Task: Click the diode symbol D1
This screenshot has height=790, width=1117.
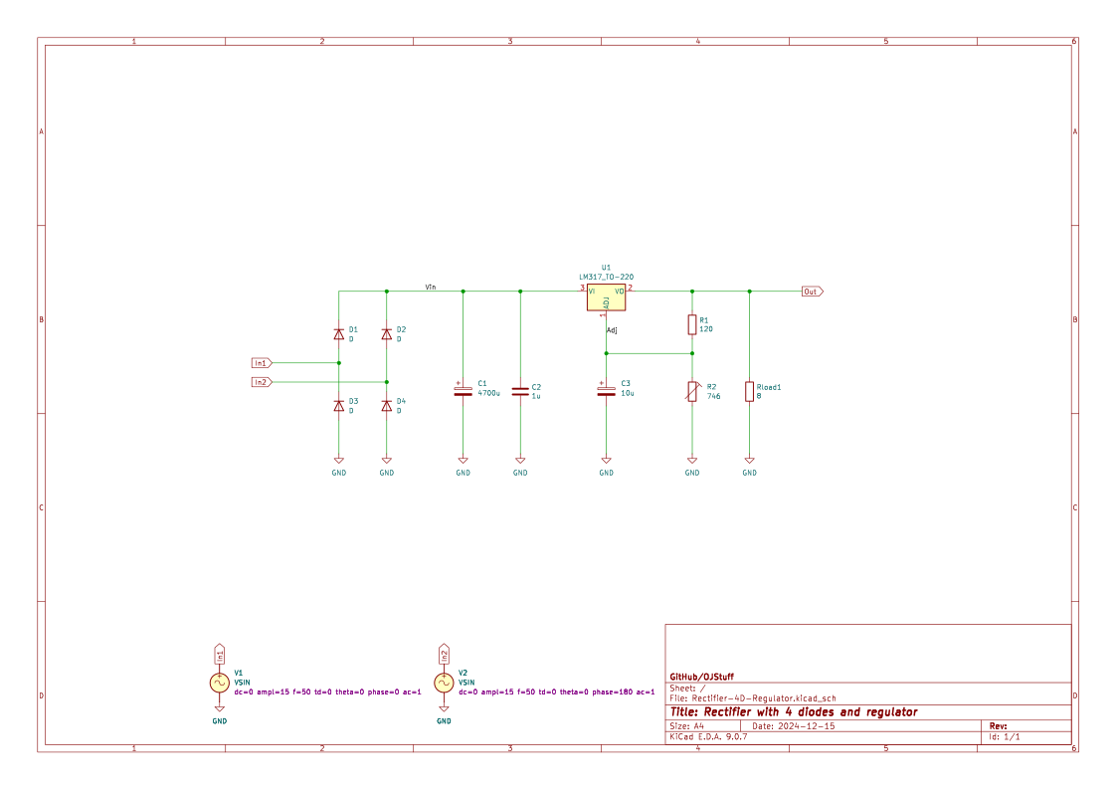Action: pos(339,334)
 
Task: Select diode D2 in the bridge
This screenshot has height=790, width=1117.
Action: pos(387,334)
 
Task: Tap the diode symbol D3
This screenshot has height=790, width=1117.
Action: pos(339,405)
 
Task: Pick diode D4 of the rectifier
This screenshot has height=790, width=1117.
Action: pos(387,405)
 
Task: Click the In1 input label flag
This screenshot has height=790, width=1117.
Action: pos(261,363)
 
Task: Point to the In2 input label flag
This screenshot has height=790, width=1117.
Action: pos(261,382)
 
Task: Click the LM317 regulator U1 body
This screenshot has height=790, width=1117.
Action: pos(606,297)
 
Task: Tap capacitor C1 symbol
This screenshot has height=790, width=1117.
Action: pos(463,390)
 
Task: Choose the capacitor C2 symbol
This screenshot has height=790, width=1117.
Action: pos(520,390)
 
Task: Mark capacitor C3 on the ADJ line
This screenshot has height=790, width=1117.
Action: pos(606,390)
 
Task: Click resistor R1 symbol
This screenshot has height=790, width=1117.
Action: pos(692,324)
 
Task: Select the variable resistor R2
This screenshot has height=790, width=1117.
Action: pos(692,391)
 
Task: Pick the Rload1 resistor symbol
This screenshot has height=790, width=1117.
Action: pos(750,391)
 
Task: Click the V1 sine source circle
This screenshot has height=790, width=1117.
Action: pos(220,683)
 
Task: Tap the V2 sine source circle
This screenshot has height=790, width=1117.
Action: pos(444,683)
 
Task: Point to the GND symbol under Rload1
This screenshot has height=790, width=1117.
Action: pos(750,462)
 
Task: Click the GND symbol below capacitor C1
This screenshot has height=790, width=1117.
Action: pos(463,462)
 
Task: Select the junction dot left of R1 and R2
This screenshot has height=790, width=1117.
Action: pos(606,353)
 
